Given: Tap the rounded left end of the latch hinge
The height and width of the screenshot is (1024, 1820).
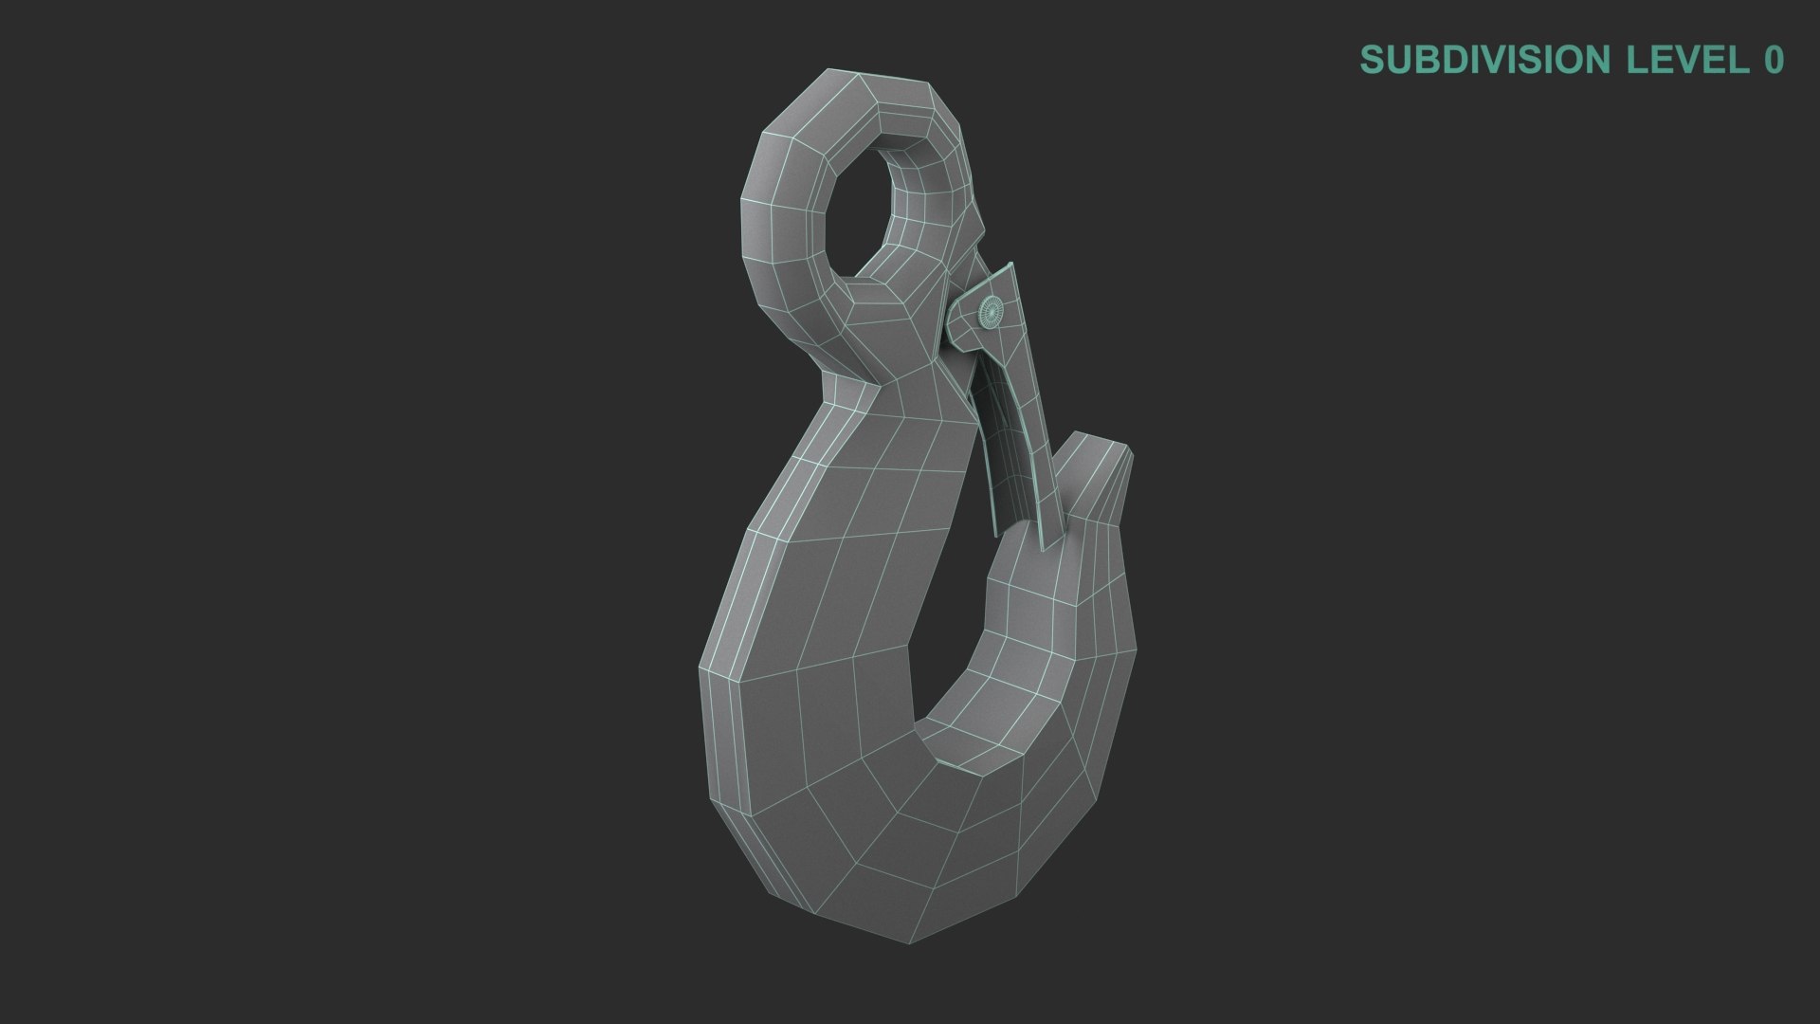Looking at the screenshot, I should [x=955, y=313].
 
